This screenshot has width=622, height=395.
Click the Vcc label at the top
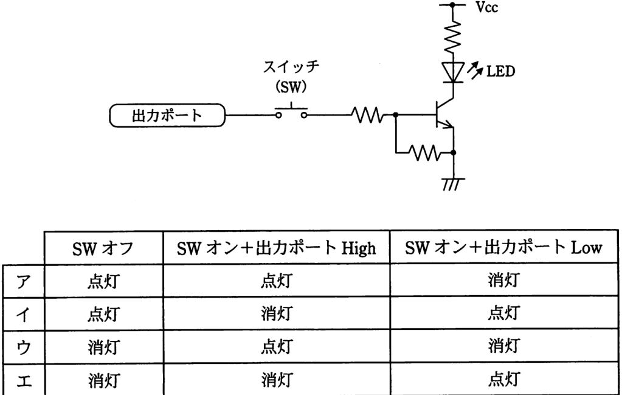(x=487, y=7)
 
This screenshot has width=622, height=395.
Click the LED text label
(x=500, y=71)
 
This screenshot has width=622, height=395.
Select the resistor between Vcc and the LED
(x=453, y=37)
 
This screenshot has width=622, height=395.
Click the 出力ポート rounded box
(x=167, y=116)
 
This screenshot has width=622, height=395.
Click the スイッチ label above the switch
(x=292, y=66)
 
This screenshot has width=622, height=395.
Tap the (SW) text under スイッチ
(x=292, y=86)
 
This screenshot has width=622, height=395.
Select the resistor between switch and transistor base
(x=367, y=115)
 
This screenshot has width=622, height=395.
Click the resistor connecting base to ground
(x=424, y=152)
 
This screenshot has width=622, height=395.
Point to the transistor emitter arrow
(x=448, y=125)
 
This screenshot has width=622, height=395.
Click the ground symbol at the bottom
(x=454, y=184)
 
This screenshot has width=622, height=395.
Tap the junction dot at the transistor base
(x=395, y=115)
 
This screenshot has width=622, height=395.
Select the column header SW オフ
(x=103, y=249)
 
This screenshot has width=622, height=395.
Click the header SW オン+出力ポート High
(x=276, y=248)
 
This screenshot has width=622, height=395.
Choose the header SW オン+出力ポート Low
(x=503, y=248)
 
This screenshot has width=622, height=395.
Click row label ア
(x=23, y=281)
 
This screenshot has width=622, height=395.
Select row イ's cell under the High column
(x=277, y=313)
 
